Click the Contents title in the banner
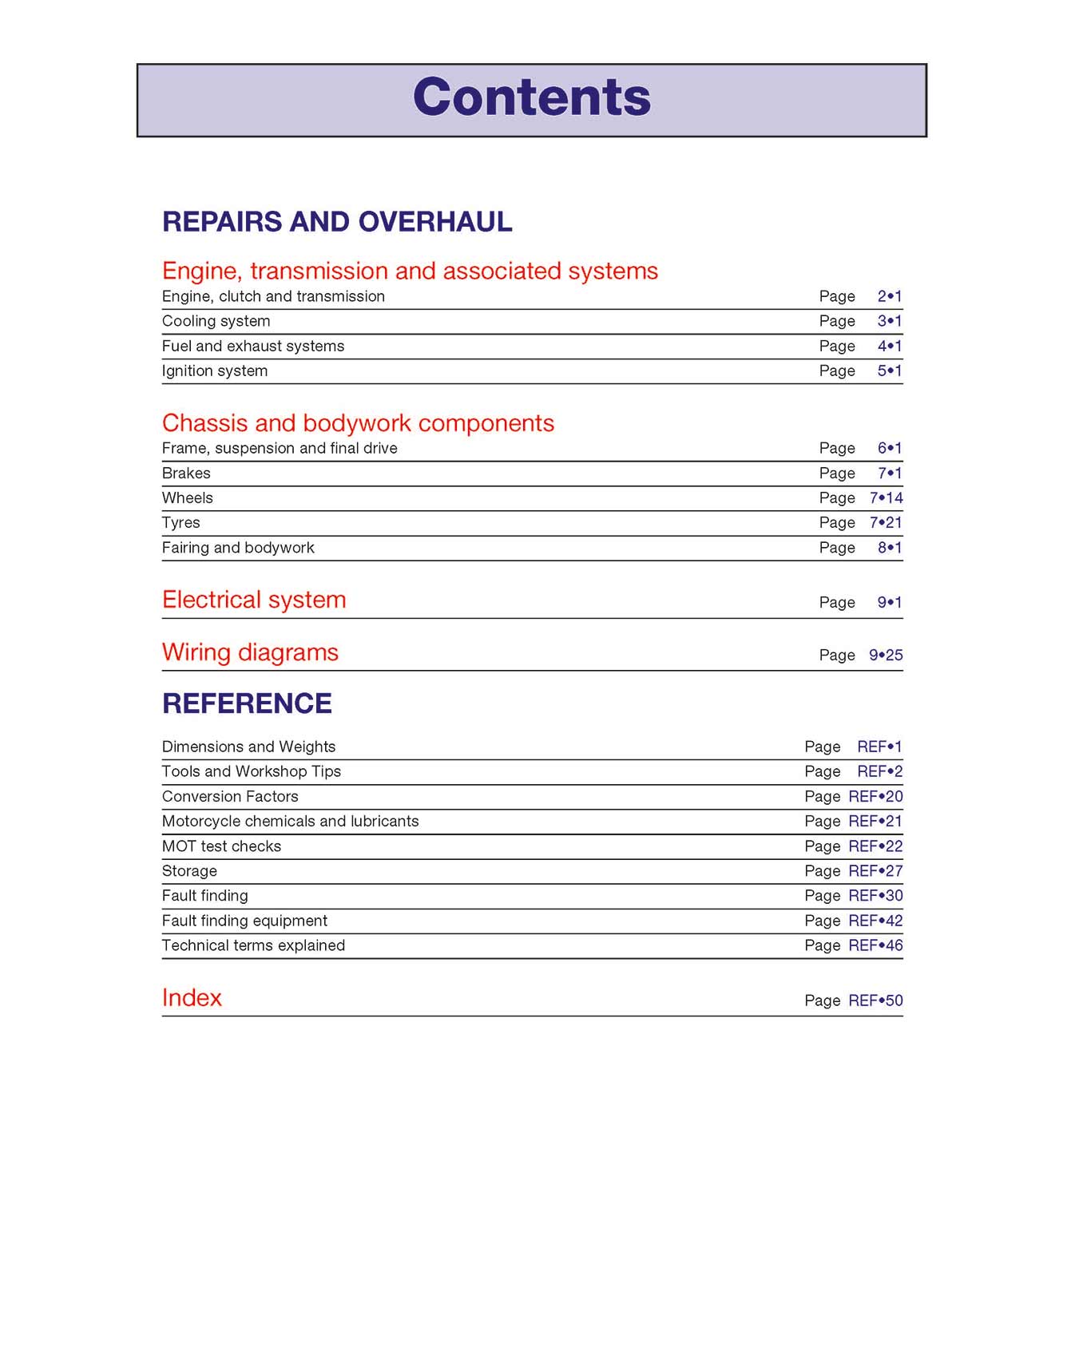[x=532, y=97]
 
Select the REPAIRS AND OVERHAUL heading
[x=337, y=222]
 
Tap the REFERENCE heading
[x=247, y=703]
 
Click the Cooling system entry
[x=216, y=321]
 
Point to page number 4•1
[x=889, y=346]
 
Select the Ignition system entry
[x=215, y=370]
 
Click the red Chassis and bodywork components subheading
[x=358, y=422]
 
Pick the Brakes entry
[x=186, y=473]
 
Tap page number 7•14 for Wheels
[x=886, y=497]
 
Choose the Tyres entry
[x=181, y=522]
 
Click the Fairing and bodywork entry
[x=238, y=548]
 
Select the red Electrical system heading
[x=254, y=600]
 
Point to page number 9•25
[x=886, y=655]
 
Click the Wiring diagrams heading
[x=250, y=652]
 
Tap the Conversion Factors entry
[x=230, y=796]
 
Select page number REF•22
[x=875, y=846]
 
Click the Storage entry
[x=189, y=870]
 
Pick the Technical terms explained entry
[x=253, y=945]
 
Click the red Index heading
[x=192, y=998]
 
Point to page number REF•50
[x=875, y=1000]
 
